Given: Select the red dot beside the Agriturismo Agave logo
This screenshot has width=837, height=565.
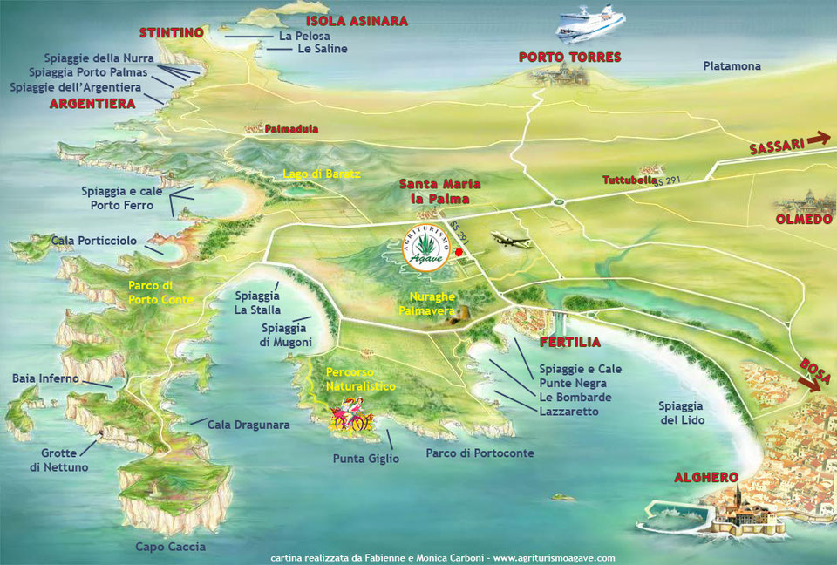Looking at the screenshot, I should (459, 252).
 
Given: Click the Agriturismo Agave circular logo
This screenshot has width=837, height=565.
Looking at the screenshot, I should (428, 248).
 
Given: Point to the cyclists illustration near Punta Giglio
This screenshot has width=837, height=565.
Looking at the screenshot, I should (349, 415).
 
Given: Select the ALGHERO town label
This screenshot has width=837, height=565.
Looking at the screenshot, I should (706, 478).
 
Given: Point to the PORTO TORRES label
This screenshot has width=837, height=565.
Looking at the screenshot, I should (569, 58).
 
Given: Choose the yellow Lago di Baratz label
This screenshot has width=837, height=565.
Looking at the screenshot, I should (321, 174).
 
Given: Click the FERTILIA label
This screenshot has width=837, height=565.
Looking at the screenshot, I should (568, 343).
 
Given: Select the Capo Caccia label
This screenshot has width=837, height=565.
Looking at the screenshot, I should (170, 547).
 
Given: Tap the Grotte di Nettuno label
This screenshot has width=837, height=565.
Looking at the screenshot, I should (58, 460).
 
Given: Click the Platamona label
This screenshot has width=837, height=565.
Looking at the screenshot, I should (732, 66).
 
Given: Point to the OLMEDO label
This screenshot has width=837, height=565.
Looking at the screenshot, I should (804, 220).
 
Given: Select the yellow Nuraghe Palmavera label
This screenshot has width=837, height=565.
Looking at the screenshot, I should (428, 303).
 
